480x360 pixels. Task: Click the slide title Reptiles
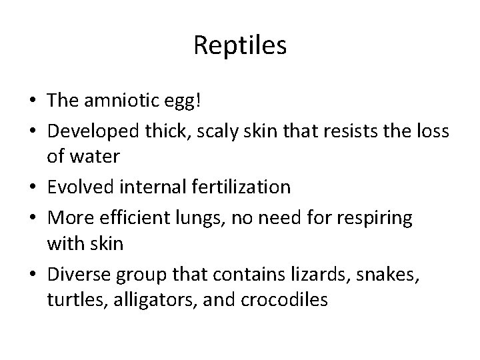coord(240,46)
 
